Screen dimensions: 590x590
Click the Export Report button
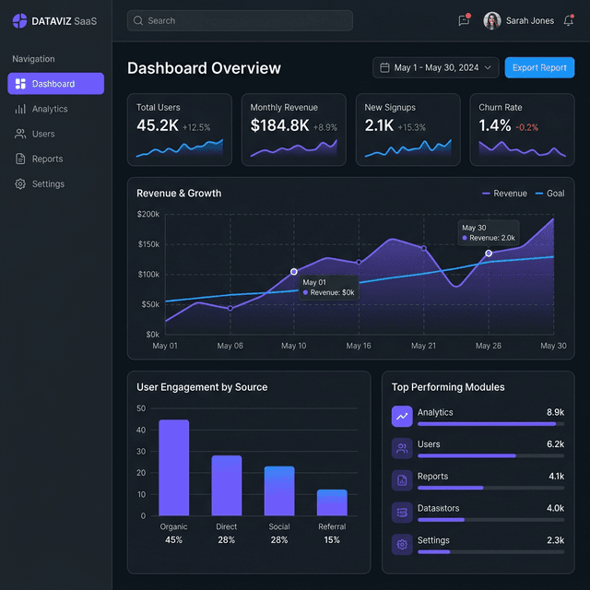(539, 67)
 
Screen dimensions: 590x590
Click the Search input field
(240, 20)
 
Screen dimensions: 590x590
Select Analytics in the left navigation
(50, 109)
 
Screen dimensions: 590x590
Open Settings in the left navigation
(48, 183)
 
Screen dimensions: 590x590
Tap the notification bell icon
(568, 20)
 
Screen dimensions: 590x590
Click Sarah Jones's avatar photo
(492, 20)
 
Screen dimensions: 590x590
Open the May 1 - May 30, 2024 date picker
(436, 67)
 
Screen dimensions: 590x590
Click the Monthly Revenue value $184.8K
(279, 125)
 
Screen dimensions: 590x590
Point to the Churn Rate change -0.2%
(527, 127)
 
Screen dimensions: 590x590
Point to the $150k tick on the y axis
(147, 244)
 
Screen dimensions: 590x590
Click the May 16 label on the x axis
(359, 346)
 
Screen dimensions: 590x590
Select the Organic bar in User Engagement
(173, 467)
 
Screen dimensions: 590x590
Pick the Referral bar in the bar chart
(332, 502)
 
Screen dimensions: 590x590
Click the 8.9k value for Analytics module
(554, 412)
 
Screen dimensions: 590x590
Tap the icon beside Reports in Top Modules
(402, 479)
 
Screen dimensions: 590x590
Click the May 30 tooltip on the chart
(489, 232)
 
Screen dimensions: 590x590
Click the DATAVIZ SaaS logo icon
(19, 20)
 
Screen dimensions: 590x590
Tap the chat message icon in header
(464, 20)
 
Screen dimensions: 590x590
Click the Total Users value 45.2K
(158, 125)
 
